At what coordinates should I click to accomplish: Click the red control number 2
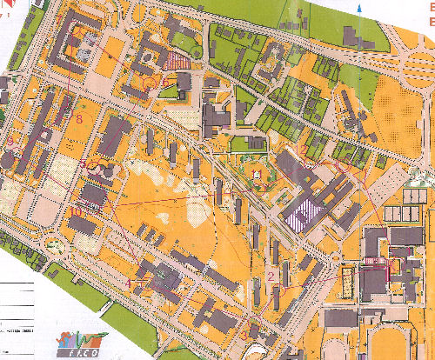click(x=271, y=277)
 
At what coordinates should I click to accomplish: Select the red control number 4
click(x=129, y=283)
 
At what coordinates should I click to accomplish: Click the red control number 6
click(x=164, y=82)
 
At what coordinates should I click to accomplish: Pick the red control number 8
click(x=79, y=118)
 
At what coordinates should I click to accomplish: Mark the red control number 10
click(x=75, y=210)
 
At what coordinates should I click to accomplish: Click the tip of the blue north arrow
click(x=359, y=4)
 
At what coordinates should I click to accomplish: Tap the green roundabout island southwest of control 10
click(x=58, y=244)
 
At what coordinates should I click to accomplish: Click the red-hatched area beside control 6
click(x=177, y=61)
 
